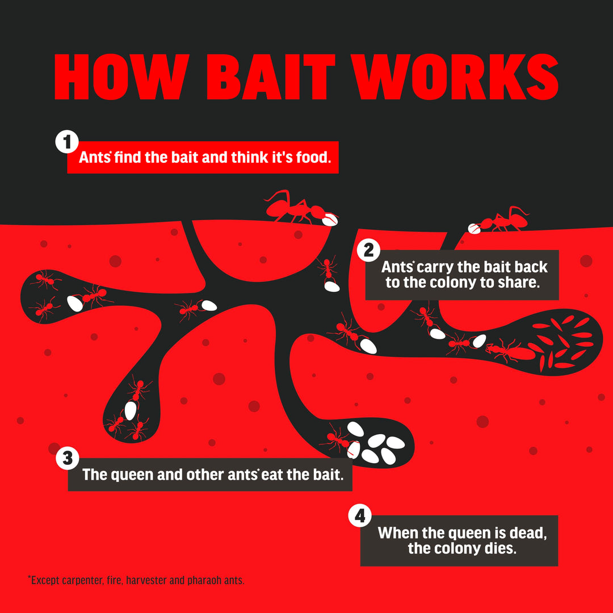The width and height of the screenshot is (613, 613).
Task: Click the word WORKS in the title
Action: pos(455,77)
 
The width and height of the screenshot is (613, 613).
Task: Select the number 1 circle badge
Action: pos(67,141)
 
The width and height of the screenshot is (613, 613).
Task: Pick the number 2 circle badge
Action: pos(369,250)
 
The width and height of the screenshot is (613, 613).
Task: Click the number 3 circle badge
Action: pos(68,458)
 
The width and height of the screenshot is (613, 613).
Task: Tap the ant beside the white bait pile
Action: pos(336,439)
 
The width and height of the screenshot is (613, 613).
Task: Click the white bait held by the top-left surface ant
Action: pos(330,220)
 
